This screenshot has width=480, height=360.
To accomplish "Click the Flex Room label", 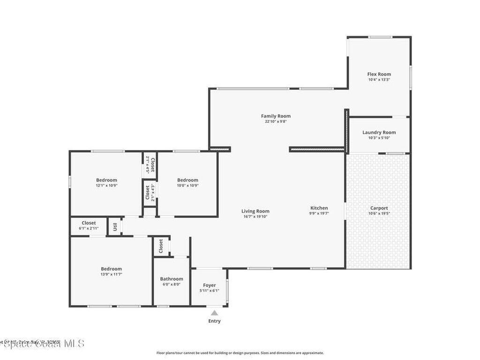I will (x=379, y=74).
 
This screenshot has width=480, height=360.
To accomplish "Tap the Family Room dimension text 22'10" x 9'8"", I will (x=276, y=122).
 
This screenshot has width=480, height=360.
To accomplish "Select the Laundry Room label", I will (x=379, y=132).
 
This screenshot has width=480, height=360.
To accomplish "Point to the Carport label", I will (x=379, y=208).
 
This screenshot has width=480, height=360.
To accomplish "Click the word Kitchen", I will (x=319, y=208).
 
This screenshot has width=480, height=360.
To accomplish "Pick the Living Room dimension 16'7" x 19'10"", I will (x=255, y=217).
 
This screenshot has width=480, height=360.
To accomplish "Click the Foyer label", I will (x=209, y=285).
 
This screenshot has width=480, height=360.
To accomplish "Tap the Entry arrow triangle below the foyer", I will (x=214, y=313).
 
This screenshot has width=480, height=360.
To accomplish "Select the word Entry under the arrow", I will (x=214, y=321).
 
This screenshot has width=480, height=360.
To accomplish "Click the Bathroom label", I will (x=171, y=279).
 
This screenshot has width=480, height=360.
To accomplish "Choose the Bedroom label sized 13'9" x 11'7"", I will (x=111, y=269).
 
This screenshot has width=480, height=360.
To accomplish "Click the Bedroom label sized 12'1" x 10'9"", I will (x=106, y=180).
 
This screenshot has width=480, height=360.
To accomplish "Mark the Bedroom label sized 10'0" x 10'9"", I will (x=187, y=180).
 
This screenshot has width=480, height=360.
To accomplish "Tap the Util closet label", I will (x=115, y=227).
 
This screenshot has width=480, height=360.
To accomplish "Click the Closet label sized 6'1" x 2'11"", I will (x=89, y=223).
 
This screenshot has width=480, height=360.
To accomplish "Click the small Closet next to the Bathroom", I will (x=161, y=246).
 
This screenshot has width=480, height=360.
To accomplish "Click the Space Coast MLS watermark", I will (x=42, y=344).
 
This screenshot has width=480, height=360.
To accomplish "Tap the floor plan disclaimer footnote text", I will (x=240, y=353).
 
